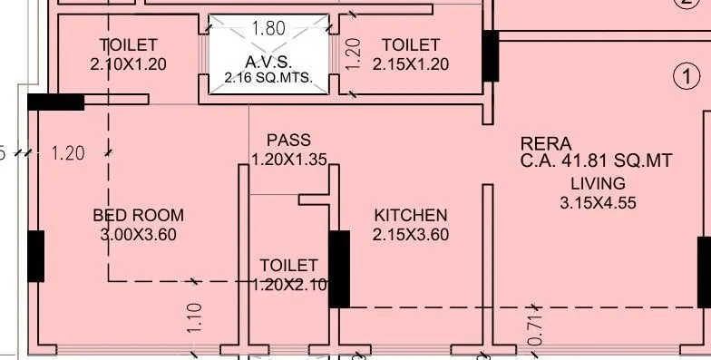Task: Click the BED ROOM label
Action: click(x=138, y=216)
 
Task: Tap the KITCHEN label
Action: click(x=411, y=216)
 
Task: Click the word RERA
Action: click(x=546, y=143)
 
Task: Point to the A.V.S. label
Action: click(x=268, y=61)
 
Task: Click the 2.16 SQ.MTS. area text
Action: click(x=268, y=79)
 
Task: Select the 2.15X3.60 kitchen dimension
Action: click(x=411, y=235)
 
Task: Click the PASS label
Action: click(x=289, y=141)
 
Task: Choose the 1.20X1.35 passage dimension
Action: click(x=289, y=160)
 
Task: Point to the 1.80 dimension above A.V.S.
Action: click(x=268, y=28)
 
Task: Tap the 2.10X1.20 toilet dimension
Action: click(x=128, y=64)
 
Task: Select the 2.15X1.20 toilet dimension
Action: click(x=411, y=64)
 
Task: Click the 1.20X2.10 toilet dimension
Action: click(x=288, y=285)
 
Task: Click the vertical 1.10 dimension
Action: click(x=196, y=318)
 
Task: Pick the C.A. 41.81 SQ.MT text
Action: click(x=596, y=161)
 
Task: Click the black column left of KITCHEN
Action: click(x=339, y=268)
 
